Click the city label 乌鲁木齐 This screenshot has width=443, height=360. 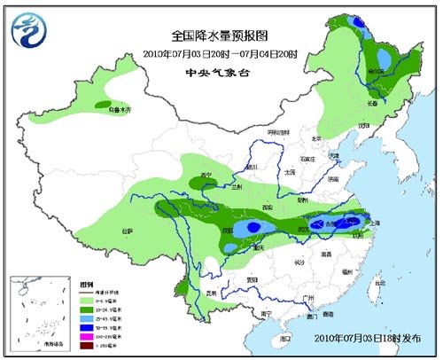119,111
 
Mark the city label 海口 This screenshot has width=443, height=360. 284,338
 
